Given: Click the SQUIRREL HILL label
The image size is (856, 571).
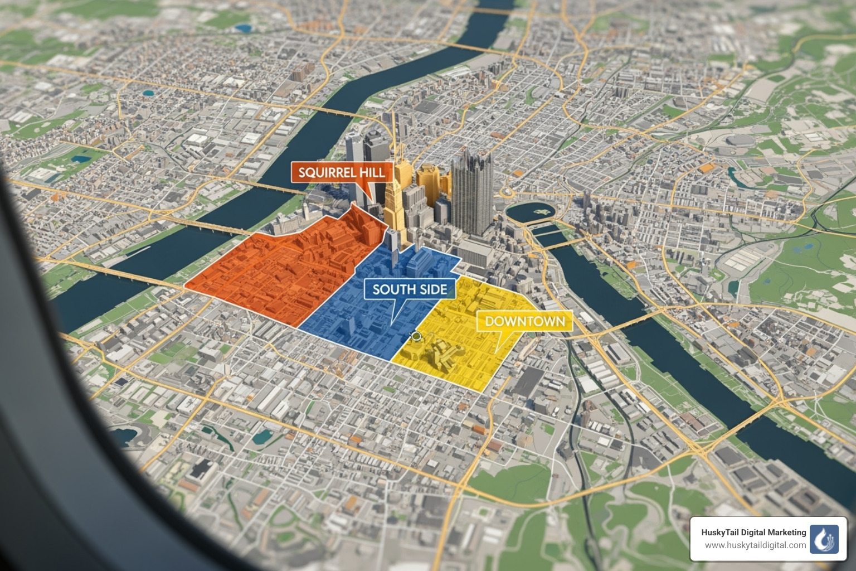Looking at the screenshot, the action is [x=342, y=172].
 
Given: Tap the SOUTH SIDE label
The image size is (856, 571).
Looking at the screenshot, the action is [x=410, y=289].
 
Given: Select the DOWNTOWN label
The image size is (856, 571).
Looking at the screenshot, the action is [x=524, y=321].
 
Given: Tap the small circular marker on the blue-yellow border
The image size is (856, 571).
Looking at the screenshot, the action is [x=415, y=336].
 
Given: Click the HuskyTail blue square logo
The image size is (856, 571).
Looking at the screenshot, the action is [x=824, y=539].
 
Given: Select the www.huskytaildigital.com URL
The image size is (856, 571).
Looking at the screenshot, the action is [x=755, y=545].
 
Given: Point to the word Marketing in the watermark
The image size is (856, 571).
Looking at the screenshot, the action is [x=785, y=533].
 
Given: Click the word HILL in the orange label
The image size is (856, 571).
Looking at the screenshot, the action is [x=372, y=172].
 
